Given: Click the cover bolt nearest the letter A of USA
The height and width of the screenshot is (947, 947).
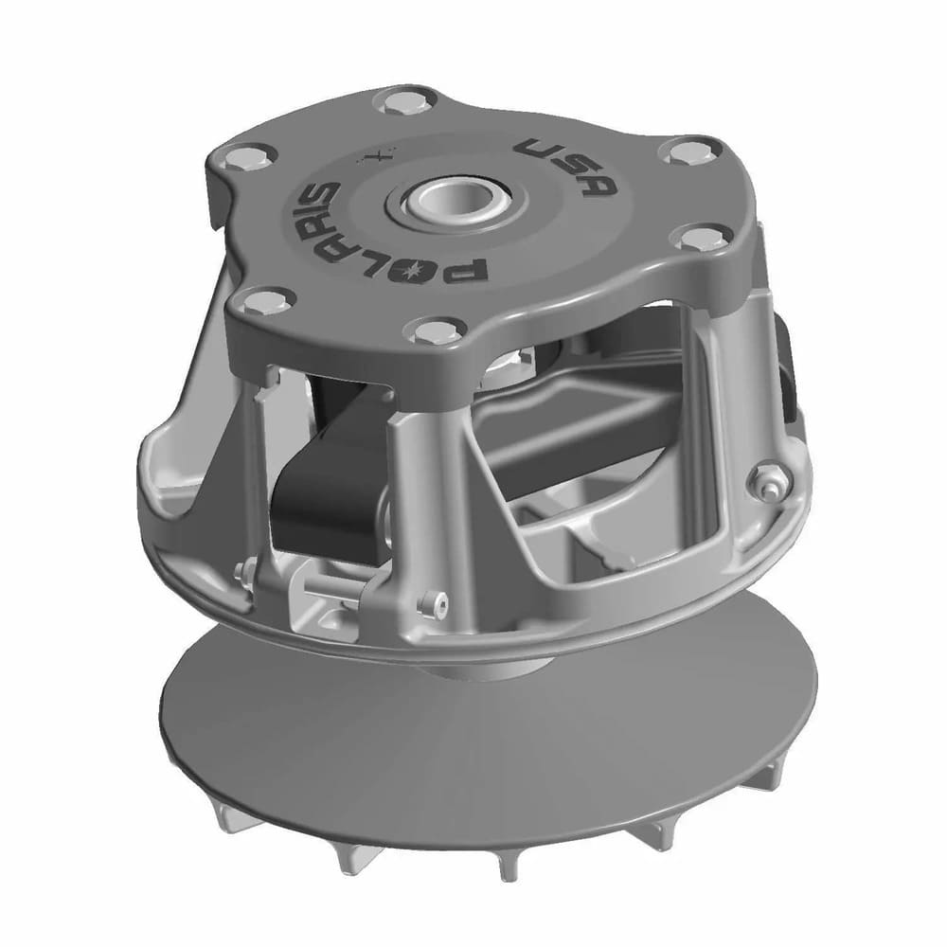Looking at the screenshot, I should click(x=680, y=151).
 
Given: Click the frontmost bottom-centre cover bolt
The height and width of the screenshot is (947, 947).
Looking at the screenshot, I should click(x=431, y=331).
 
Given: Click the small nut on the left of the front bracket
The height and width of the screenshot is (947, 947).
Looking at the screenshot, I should click(x=243, y=572).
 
